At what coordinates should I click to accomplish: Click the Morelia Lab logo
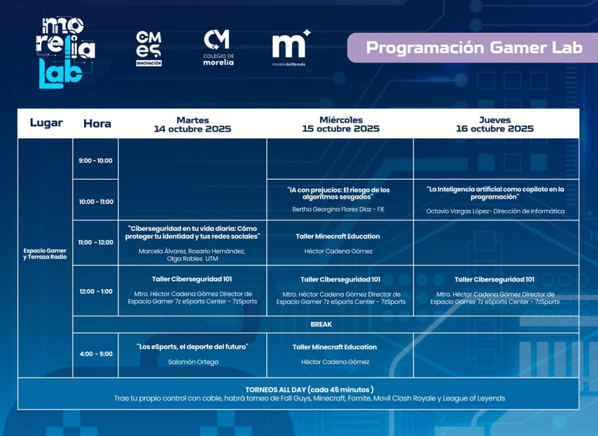click(x=65, y=53)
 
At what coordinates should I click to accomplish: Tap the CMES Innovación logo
click(x=149, y=49)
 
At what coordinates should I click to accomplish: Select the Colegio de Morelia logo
click(x=218, y=48)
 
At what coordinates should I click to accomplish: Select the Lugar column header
click(x=46, y=123)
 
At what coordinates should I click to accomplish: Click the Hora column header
click(x=98, y=124)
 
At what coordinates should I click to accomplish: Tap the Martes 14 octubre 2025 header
click(x=193, y=124)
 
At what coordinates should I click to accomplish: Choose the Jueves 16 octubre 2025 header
click(x=495, y=124)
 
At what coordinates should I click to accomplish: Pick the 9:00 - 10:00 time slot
click(x=96, y=161)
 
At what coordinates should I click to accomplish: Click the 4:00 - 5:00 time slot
click(x=96, y=354)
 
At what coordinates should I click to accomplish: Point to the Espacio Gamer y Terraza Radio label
click(x=45, y=254)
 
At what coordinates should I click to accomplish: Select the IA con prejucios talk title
click(x=338, y=193)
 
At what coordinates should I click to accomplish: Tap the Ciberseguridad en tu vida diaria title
click(x=193, y=233)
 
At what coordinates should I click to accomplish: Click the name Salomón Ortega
click(x=193, y=362)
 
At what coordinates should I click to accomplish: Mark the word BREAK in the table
click(x=321, y=324)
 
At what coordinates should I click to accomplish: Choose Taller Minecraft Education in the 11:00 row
click(x=338, y=236)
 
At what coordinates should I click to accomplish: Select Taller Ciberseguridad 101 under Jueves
click(x=494, y=279)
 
